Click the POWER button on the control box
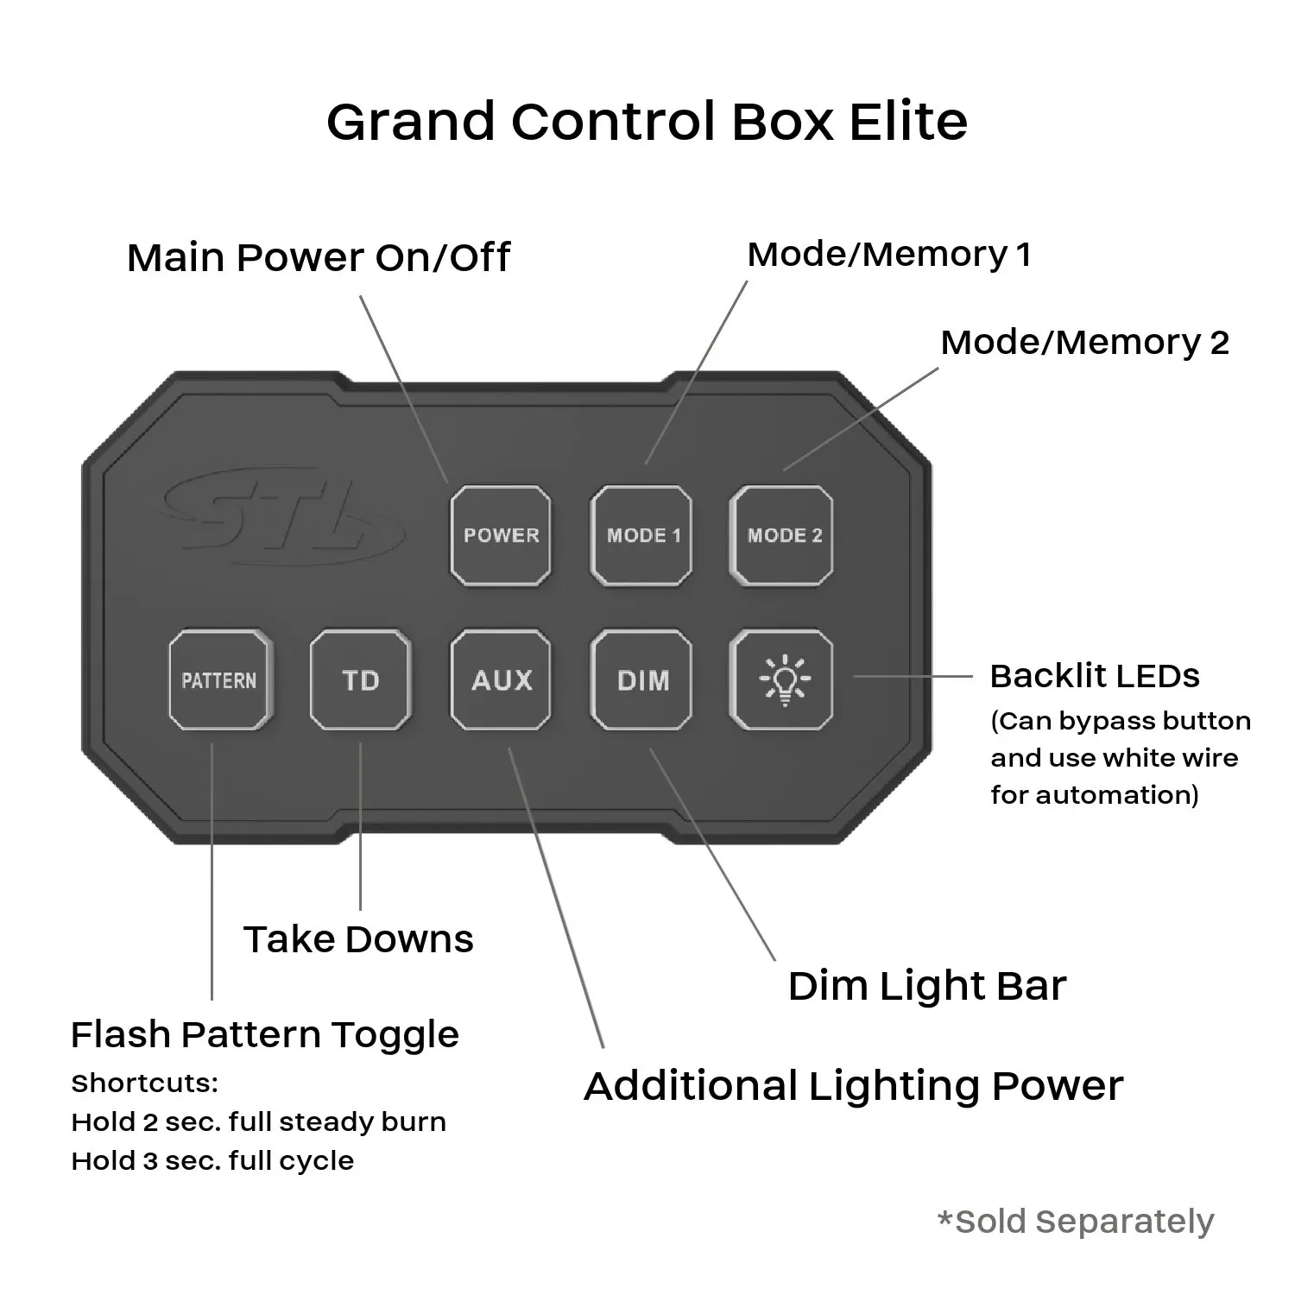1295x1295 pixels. point(501,536)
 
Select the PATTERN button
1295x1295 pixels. point(219,680)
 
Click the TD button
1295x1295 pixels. point(360,680)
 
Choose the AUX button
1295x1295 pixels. point(501,680)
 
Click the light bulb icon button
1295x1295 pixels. point(782,680)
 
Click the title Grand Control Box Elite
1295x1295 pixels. point(647,121)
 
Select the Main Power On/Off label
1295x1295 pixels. point(318,257)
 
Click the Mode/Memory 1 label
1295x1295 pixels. point(888,254)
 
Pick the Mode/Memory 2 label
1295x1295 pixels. point(1083,342)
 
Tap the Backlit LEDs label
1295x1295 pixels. point(1094,676)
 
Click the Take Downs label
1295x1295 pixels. point(358,939)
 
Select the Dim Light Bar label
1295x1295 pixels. point(926,986)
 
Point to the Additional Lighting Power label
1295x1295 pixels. point(853,1086)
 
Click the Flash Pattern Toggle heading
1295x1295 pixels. point(264,1034)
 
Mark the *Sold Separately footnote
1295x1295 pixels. point(1076,1222)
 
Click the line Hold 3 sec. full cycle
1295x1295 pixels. point(212,1160)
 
